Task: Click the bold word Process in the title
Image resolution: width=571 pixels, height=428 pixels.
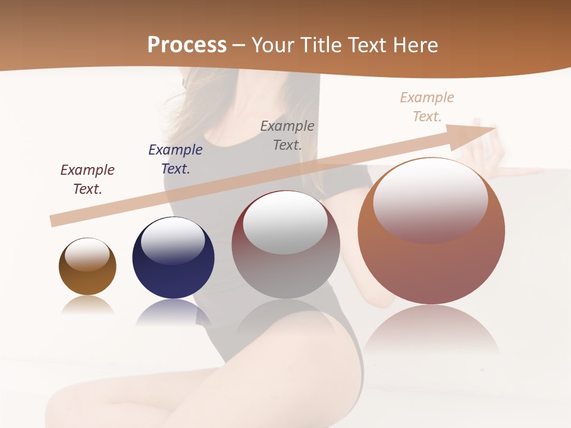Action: coord(187,45)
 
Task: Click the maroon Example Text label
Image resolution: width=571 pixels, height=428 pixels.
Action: coord(87,180)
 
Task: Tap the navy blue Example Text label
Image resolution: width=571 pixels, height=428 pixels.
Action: coord(175,159)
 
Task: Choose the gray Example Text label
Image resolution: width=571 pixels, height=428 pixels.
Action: coord(287,135)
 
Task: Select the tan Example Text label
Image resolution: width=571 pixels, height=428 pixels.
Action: coord(427,107)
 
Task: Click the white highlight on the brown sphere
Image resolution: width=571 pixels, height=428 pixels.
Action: coord(87,254)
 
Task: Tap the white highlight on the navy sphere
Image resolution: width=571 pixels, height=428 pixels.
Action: coord(173,240)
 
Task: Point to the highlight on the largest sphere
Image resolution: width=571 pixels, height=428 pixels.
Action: coord(430,201)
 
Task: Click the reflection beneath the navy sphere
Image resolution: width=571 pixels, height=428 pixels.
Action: coord(173,313)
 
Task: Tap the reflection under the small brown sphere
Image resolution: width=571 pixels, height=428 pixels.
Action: coord(87,305)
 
